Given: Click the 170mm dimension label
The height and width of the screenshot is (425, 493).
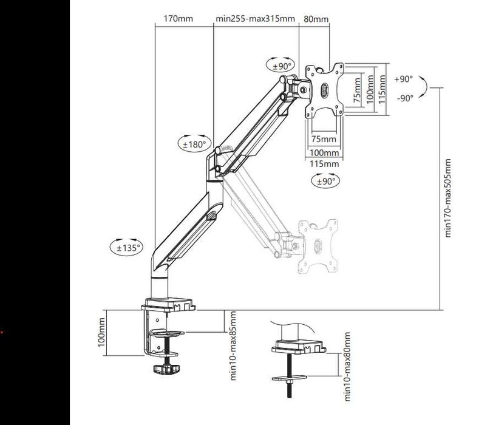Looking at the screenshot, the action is pyautogui.click(x=178, y=19).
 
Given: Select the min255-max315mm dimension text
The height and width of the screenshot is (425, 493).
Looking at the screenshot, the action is pyautogui.click(x=256, y=19).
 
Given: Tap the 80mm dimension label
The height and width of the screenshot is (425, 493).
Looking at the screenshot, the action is pyautogui.click(x=316, y=19).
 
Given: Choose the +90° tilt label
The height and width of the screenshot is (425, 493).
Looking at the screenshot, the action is pyautogui.click(x=403, y=79).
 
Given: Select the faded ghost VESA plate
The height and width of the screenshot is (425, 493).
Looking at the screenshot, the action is pyautogui.click(x=318, y=243).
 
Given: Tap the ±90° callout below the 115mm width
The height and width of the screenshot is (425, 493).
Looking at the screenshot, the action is pyautogui.click(x=325, y=181).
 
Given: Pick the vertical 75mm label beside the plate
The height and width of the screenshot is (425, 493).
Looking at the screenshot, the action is pyautogui.click(x=356, y=89).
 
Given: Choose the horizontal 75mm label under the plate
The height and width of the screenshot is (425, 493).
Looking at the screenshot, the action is pyautogui.click(x=323, y=139).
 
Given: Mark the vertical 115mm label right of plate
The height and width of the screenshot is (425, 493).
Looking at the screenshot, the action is pyautogui.click(x=382, y=89).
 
